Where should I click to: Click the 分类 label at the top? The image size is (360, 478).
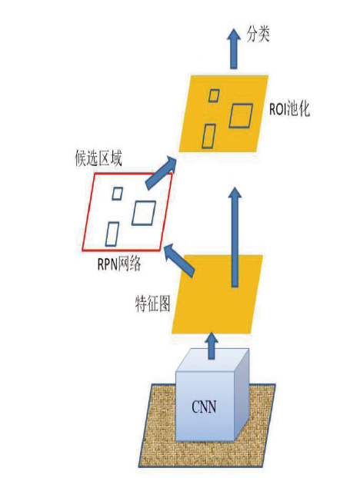click(258, 34)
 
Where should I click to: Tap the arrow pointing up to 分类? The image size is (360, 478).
click(234, 48)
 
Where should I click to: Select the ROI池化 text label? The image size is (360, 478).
click(289, 109)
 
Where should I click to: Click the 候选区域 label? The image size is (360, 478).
click(98, 159)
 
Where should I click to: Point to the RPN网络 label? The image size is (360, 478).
click(119, 264)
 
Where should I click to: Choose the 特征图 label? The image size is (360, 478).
click(152, 304)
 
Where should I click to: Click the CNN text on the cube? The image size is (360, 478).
click(204, 407)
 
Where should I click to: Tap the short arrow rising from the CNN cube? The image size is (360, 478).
click(211, 346)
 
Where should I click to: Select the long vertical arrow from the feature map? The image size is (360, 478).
click(235, 237)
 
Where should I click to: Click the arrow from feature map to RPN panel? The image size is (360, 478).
click(178, 260)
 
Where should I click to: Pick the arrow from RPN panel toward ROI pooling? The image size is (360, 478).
click(161, 173)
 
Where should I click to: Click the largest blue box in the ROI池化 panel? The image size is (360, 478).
click(241, 115)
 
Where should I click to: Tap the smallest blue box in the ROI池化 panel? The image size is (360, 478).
click(214, 95)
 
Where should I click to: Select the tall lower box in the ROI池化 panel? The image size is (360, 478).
click(208, 137)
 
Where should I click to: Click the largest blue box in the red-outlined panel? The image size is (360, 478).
click(144, 213)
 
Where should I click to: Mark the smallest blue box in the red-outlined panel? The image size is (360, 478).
click(118, 194)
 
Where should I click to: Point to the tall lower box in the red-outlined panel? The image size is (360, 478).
click(112, 234)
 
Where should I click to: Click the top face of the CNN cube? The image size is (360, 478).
click(212, 360)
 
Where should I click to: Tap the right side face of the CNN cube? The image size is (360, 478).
click(242, 395)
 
